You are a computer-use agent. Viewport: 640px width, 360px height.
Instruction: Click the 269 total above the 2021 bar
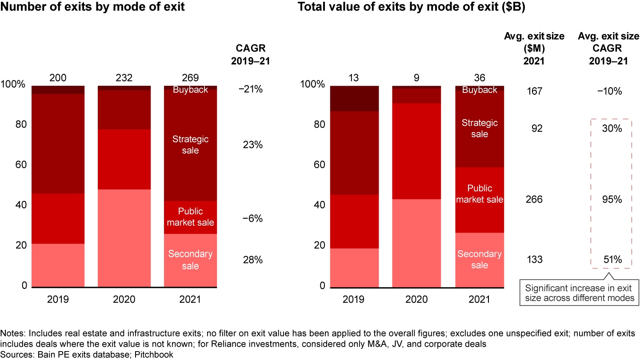tap(191, 78)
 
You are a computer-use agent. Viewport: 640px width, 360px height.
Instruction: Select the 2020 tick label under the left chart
tap(124, 299)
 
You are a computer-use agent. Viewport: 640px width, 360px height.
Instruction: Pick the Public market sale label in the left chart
tap(191, 217)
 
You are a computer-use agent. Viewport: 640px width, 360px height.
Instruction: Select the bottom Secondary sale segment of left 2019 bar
tap(58, 265)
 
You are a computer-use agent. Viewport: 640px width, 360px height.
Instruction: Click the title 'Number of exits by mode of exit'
tap(93, 8)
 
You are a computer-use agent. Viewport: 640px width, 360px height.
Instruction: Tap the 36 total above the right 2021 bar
tap(480, 78)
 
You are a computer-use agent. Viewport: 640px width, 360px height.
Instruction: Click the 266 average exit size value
tap(534, 200)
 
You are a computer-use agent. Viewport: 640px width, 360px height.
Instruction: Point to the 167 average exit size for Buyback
tap(534, 91)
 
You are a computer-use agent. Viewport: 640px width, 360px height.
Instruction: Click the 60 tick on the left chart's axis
tap(16, 165)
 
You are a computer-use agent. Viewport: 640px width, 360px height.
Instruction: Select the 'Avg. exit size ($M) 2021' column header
tap(534, 49)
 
